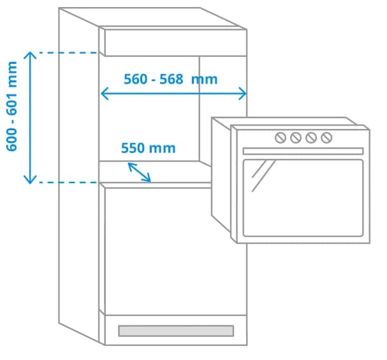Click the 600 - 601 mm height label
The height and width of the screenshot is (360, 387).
pyautogui.click(x=12, y=106)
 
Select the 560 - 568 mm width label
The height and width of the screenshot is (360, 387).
pyautogui.click(x=170, y=79)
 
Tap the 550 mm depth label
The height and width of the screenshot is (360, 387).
pyautogui.click(x=148, y=148)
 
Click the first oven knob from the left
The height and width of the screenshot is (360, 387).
pyautogui.click(x=281, y=137)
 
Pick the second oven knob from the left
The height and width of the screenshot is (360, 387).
pyautogui.click(x=296, y=137)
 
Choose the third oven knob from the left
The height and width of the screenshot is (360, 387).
pyautogui.click(x=311, y=137)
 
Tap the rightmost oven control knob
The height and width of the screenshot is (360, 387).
pyautogui.click(x=326, y=137)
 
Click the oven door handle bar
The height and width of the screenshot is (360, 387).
pyautogui.click(x=303, y=151)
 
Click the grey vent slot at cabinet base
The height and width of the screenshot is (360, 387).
pyautogui.click(x=175, y=331)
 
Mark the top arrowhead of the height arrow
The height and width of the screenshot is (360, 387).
pyautogui.click(x=29, y=55)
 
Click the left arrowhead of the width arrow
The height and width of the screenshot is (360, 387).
pyautogui.click(x=104, y=94)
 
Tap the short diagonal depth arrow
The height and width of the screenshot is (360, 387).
pyautogui.click(x=140, y=172)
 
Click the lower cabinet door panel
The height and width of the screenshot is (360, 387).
pyautogui.click(x=175, y=249)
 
